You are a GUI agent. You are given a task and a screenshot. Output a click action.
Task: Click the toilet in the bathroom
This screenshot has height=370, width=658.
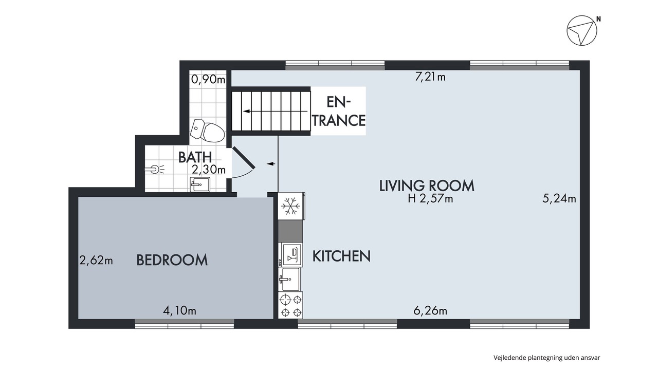click(x=207, y=131)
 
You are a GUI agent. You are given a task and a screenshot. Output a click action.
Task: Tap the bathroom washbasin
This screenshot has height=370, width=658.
click(x=200, y=184)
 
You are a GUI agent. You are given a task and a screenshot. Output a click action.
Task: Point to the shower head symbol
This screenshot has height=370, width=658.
click(x=155, y=170)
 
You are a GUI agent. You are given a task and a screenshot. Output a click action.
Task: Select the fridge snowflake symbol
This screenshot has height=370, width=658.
click(x=290, y=206)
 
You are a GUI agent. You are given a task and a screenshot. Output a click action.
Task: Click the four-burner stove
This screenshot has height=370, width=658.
click(x=290, y=305)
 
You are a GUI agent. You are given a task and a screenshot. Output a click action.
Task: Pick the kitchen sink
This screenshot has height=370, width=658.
click(x=289, y=279)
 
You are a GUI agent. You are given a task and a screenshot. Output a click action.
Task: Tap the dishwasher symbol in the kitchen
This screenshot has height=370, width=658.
click(x=291, y=254)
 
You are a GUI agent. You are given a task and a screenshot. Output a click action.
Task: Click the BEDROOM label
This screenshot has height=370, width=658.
click(x=172, y=260)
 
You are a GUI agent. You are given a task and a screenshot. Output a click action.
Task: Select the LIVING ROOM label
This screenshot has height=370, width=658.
click(x=427, y=186)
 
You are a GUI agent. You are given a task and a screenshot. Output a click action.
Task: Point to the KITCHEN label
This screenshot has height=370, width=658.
click(x=341, y=256)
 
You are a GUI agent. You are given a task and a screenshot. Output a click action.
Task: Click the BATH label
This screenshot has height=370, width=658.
click(x=195, y=157)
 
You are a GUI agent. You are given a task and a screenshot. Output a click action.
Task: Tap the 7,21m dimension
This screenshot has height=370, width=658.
click(x=430, y=77)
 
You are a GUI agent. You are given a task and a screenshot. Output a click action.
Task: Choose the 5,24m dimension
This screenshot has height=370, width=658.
click(x=559, y=199)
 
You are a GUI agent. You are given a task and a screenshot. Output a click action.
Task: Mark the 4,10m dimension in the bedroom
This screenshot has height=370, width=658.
click(x=179, y=311)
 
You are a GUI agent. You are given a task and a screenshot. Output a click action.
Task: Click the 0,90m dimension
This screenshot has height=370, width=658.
click(x=208, y=79)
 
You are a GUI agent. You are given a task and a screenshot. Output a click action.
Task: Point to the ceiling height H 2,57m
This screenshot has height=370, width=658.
click(x=430, y=199)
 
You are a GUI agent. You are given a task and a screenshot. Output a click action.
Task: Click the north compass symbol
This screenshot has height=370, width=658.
click(x=581, y=30)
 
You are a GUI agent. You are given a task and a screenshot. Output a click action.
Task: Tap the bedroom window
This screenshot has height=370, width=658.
click(x=185, y=324)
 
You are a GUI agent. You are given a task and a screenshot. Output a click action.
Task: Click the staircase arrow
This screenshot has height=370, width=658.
click(x=275, y=112)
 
